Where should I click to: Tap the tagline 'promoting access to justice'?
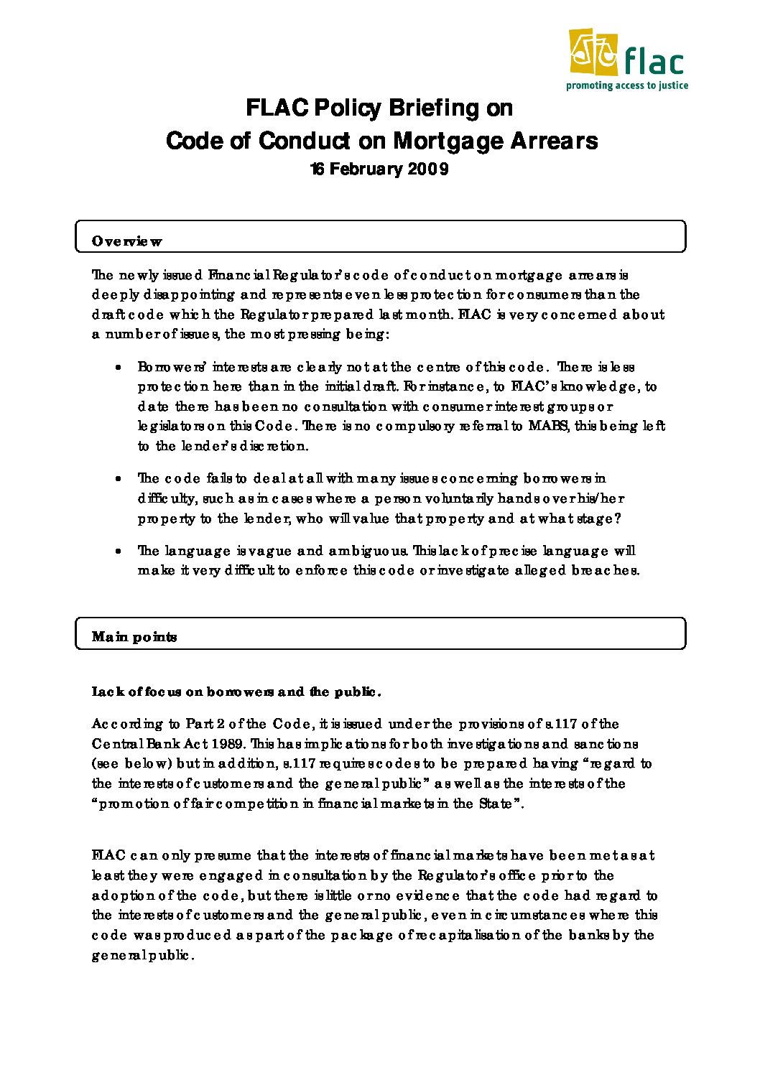(x=626, y=86)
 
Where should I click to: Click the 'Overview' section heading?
(x=126, y=242)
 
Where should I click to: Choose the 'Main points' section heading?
(x=134, y=637)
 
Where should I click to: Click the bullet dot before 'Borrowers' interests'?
(x=118, y=367)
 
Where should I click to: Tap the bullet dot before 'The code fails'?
(x=118, y=478)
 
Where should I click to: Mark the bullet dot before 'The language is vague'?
(x=118, y=552)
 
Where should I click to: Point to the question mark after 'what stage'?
(x=617, y=518)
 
